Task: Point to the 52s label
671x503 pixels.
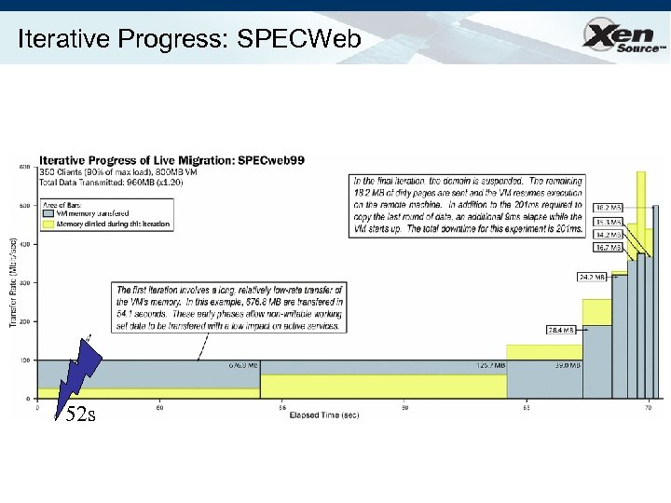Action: point(80,415)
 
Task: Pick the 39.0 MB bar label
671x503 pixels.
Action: point(567,366)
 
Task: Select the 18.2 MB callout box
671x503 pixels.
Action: point(608,208)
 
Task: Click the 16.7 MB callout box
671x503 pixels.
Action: point(608,249)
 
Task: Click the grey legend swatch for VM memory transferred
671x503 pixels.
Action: point(50,213)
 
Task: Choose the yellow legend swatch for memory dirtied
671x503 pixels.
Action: point(50,223)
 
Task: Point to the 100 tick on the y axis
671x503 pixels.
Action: point(24,360)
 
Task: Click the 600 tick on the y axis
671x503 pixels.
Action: point(24,167)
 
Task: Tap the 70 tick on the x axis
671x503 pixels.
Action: point(647,407)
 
